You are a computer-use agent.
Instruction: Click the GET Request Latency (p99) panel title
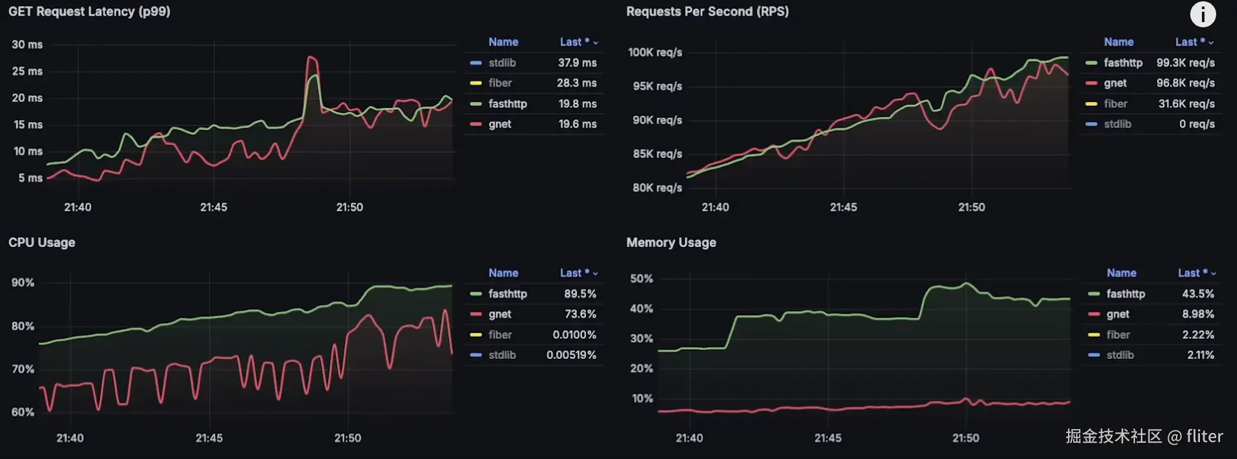click(x=89, y=12)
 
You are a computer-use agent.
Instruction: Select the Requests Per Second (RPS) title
click(x=707, y=12)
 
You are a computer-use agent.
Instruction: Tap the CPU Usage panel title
click(x=42, y=243)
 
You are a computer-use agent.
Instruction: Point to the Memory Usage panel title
click(x=670, y=243)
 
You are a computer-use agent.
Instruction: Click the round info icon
click(x=1203, y=14)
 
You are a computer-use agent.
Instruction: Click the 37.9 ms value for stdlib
click(x=577, y=62)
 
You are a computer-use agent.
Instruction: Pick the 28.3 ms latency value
click(x=576, y=83)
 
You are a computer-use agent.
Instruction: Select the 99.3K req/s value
click(x=1185, y=62)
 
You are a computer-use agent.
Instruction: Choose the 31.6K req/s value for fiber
click(x=1186, y=103)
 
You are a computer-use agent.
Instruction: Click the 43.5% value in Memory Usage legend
click(x=1197, y=294)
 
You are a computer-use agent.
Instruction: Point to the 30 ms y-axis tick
click(x=27, y=44)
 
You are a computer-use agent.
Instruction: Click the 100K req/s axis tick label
click(x=655, y=52)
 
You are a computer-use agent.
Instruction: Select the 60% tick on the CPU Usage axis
click(x=23, y=412)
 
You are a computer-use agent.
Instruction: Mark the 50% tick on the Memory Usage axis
click(x=641, y=278)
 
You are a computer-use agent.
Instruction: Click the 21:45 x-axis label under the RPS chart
click(x=843, y=207)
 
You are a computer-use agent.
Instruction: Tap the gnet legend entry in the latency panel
click(x=500, y=124)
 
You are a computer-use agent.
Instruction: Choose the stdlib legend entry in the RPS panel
click(x=1117, y=124)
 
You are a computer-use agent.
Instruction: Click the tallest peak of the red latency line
click(x=311, y=58)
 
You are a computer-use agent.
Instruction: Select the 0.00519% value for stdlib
click(x=571, y=355)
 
